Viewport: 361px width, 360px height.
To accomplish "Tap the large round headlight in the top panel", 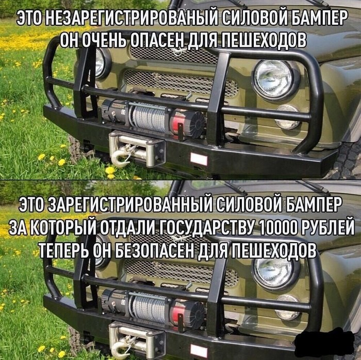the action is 273,78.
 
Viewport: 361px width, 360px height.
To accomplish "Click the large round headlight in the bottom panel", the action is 273,272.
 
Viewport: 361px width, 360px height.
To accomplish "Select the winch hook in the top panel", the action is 120,157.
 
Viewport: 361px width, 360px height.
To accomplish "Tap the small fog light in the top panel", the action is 288,116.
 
